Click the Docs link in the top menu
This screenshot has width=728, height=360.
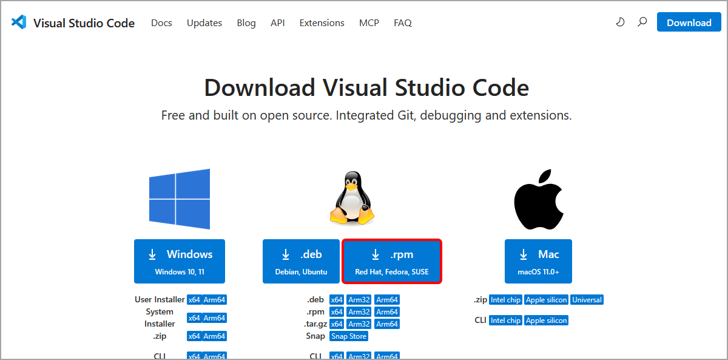click(161, 23)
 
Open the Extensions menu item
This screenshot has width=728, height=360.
click(322, 23)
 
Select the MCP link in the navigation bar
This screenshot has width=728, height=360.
click(369, 23)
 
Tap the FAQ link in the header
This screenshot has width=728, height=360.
click(402, 23)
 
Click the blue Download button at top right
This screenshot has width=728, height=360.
click(689, 22)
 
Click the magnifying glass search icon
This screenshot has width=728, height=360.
click(642, 22)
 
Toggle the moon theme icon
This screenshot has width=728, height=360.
click(620, 22)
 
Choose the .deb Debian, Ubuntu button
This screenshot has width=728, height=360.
click(301, 261)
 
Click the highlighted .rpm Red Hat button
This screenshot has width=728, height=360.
click(392, 261)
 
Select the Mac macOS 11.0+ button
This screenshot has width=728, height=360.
click(538, 261)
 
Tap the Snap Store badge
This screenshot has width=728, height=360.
click(349, 336)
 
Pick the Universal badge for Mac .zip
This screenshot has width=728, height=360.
click(587, 300)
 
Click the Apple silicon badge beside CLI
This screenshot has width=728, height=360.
click(546, 321)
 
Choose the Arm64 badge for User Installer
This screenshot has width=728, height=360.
click(214, 300)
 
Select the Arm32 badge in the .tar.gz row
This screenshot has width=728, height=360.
click(359, 324)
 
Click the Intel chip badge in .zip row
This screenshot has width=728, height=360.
click(505, 300)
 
